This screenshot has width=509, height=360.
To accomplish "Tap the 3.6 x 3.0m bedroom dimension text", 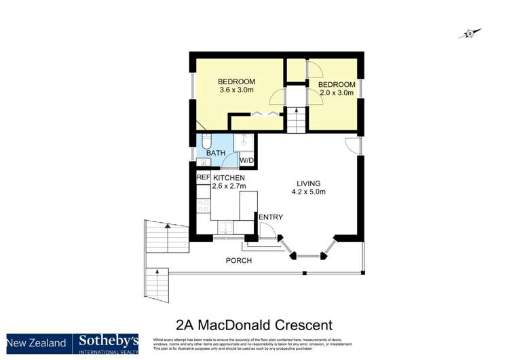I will [237, 90].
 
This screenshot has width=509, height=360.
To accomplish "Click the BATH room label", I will [216, 154].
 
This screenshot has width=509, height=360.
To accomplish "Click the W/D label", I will [247, 161].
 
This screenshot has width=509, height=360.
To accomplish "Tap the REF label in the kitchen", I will [203, 177].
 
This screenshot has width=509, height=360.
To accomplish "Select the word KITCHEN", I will [229, 177].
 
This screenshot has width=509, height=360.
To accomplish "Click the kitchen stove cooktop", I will [202, 205].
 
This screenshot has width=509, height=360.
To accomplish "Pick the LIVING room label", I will [308, 183].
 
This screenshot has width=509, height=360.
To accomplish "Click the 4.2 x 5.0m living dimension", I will [312, 192].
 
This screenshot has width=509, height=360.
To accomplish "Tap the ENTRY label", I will [271, 217].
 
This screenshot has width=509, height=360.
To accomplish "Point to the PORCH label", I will [238, 260].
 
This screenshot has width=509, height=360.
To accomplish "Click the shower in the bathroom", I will [244, 142].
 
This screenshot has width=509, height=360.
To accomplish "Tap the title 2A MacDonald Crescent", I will [254, 325].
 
